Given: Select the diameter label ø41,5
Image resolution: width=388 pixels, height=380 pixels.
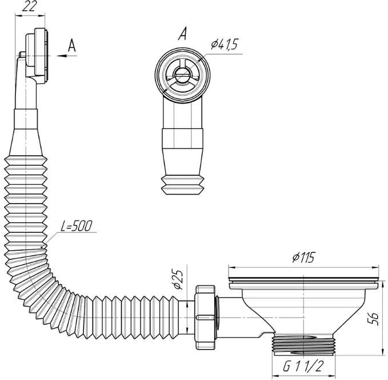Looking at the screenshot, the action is coord(224,45).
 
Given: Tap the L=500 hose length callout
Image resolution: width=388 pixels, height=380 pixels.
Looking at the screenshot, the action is coord(77,225).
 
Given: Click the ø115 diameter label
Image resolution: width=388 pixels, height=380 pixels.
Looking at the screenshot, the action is coord(303,258).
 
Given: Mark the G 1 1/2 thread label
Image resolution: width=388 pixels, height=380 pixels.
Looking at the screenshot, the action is coord(303,366).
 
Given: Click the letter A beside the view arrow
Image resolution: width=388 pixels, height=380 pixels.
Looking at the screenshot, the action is coord(72,45).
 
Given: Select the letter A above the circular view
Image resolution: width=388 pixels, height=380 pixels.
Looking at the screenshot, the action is coord(182,34).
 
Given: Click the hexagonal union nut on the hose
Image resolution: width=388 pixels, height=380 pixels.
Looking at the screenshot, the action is coord(205,317).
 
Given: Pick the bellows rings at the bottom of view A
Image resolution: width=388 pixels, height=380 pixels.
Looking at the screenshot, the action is coord(182,185).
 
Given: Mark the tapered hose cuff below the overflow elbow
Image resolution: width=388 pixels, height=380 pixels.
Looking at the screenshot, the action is coord(26,142).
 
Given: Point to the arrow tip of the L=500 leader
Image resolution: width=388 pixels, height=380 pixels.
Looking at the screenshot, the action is coord(42,247).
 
